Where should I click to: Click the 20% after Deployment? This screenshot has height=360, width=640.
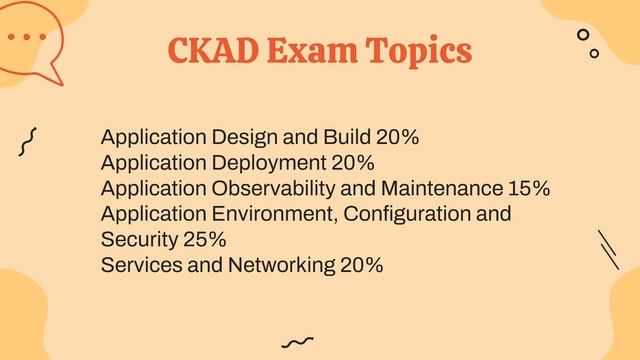(x=353, y=163)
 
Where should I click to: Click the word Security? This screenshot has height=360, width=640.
(x=139, y=240)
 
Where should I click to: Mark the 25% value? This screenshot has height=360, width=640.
(x=205, y=240)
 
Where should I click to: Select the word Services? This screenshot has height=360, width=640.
(x=140, y=266)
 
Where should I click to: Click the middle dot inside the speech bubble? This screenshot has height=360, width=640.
(x=26, y=37)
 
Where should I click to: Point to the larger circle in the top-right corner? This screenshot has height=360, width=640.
(x=583, y=35)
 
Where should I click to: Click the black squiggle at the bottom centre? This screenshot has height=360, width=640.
(x=297, y=342)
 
